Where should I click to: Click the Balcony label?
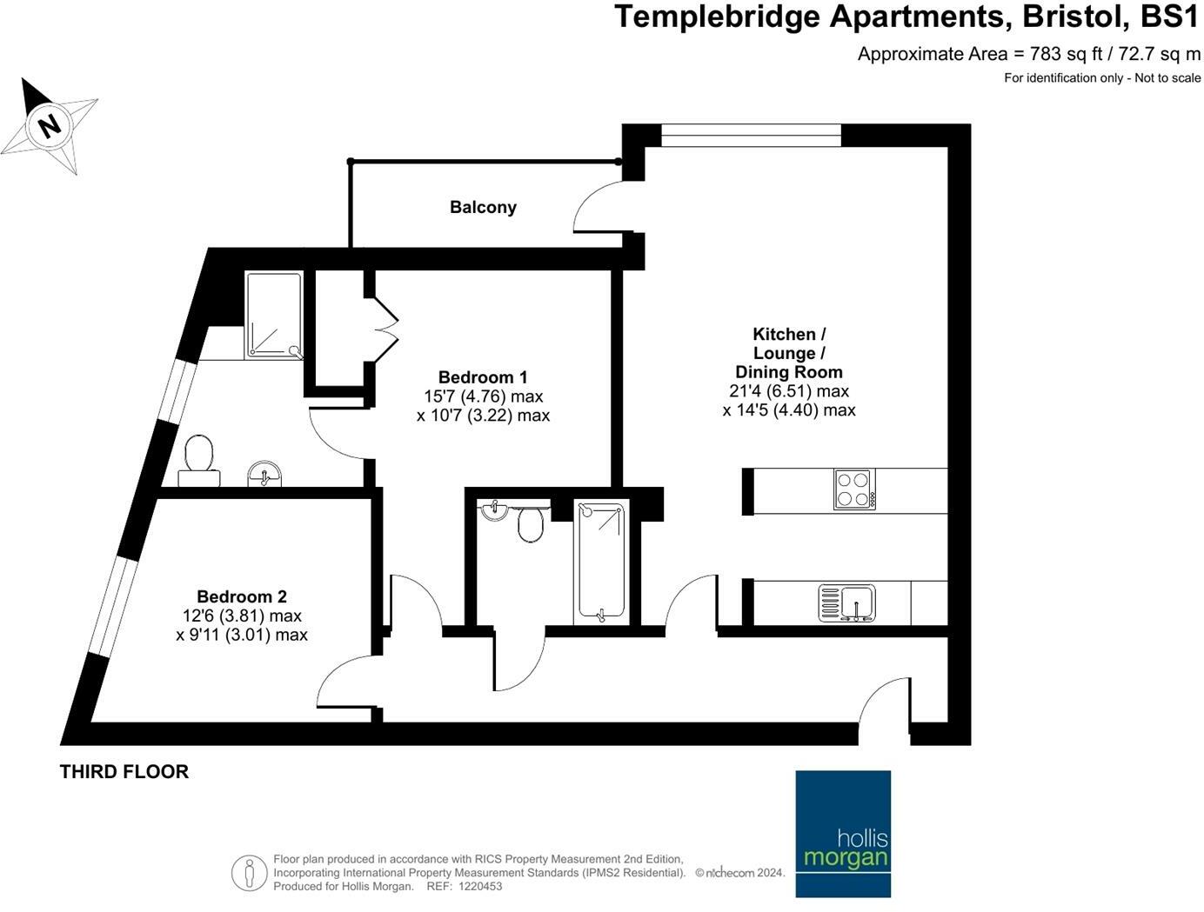pyautogui.click(x=483, y=208)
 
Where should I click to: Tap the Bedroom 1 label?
pyautogui.click(x=483, y=377)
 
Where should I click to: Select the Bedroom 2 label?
pyautogui.click(x=242, y=596)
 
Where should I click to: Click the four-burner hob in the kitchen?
pyautogui.click(x=854, y=489)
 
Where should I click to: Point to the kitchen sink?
pyautogui.click(x=846, y=602)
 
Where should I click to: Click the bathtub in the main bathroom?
pyautogui.click(x=600, y=562)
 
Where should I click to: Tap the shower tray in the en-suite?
pyautogui.click(x=274, y=315)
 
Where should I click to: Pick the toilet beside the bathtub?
pyautogui.click(x=530, y=524)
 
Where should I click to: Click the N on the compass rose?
pyautogui.click(x=50, y=127)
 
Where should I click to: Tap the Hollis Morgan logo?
pyautogui.click(x=843, y=833)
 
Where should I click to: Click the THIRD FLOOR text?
pyautogui.click(x=124, y=771)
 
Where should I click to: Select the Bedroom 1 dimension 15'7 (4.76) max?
pyautogui.click(x=483, y=396)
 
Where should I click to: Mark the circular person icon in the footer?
pyautogui.click(x=249, y=873)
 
